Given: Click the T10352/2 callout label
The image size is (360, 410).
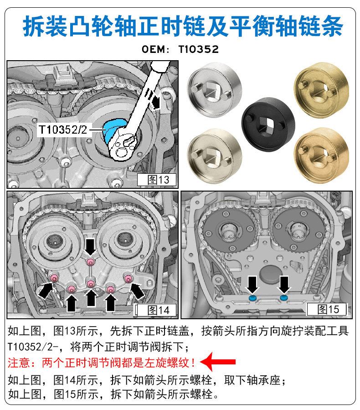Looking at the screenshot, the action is click(x=62, y=130).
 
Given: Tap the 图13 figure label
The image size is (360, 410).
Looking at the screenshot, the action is click(x=156, y=179).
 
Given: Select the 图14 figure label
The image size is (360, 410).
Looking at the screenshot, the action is click(x=156, y=310).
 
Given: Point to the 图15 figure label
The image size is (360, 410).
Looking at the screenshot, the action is click(x=329, y=309).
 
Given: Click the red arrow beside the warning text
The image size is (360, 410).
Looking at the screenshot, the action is click(x=221, y=362).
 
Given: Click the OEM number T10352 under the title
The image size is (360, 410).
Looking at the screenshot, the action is click(x=199, y=49).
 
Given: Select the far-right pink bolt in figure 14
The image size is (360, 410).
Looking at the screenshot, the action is click(x=128, y=278).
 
